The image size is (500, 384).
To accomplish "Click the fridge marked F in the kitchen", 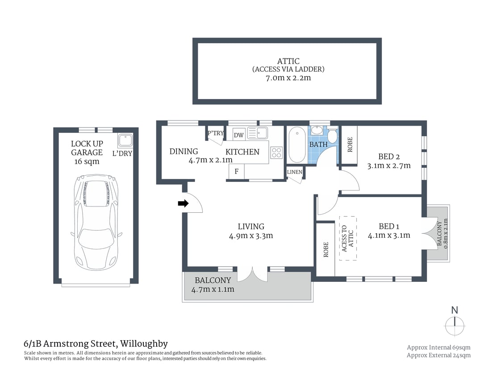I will (x=236, y=171).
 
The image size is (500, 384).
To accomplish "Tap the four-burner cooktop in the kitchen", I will (x=276, y=153).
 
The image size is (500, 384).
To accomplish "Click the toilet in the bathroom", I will (x=332, y=136).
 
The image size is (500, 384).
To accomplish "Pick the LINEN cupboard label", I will (x=295, y=172).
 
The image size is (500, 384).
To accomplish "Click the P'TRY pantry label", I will (x=215, y=133).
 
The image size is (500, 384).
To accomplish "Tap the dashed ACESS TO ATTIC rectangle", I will (x=348, y=238).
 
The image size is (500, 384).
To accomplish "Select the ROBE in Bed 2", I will (x=350, y=145).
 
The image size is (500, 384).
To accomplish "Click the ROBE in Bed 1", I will (x=325, y=250).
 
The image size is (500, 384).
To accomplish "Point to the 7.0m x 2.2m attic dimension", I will (x=287, y=78).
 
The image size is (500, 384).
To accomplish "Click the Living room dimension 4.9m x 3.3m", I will (x=251, y=235).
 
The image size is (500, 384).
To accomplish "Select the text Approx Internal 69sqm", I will (x=438, y=347).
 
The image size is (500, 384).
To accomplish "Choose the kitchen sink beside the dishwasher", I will (x=257, y=132).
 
